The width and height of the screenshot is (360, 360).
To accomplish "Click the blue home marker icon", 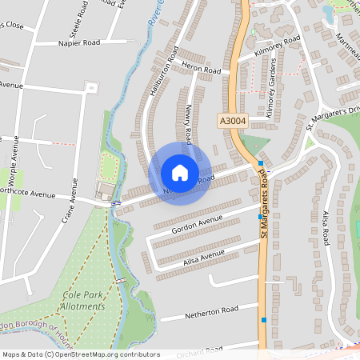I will click(x=180, y=172).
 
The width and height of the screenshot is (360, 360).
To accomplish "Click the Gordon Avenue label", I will click(x=197, y=218).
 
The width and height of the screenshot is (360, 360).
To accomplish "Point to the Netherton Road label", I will click(x=210, y=309).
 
